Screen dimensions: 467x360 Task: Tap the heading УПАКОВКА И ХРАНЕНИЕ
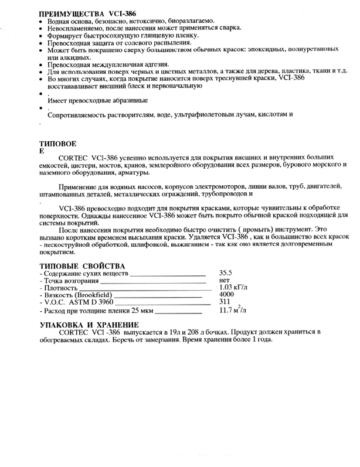coord(89,324)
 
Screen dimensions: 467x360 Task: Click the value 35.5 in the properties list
coord(226,273)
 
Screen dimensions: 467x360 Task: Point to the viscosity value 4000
coord(226,295)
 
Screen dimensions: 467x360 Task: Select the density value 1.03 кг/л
coord(233,288)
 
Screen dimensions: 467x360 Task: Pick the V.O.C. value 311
coord(224,302)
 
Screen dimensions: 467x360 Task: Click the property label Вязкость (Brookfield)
coord(76,295)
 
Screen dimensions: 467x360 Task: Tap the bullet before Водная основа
coord(41,21)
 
